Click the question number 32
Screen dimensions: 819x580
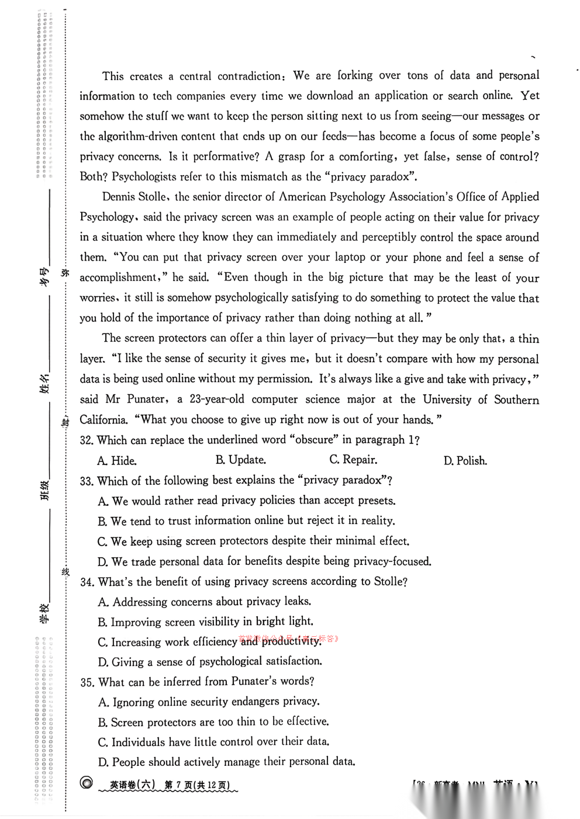(87, 440)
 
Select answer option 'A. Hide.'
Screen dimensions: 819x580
(117, 461)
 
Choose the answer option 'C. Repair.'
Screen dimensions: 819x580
(353, 460)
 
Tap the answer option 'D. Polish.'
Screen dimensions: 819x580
(465, 461)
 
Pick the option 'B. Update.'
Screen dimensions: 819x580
(240, 460)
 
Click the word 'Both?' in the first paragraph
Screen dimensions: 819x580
(94, 176)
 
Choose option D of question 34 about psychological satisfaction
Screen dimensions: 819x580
(210, 662)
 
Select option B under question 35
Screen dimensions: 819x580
(213, 722)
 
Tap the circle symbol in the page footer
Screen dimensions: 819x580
(87, 783)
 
